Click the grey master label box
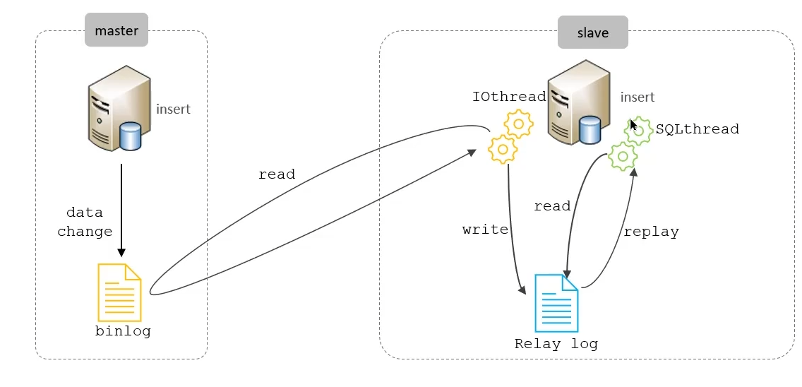coord(116,31)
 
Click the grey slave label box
coord(592,33)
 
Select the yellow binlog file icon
coord(119,293)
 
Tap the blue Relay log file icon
coord(556,303)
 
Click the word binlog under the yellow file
coord(123,331)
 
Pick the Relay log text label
coord(556,345)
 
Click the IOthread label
coord(509,97)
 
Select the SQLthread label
coord(697,129)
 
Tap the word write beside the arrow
coord(485,230)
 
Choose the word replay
coord(651,232)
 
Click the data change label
coord(85,222)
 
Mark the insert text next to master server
coord(173,109)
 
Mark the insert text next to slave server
coord(638,97)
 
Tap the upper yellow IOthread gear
coord(519,124)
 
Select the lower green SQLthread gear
coord(623,156)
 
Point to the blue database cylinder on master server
coord(131,136)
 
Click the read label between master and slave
coord(276,174)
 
